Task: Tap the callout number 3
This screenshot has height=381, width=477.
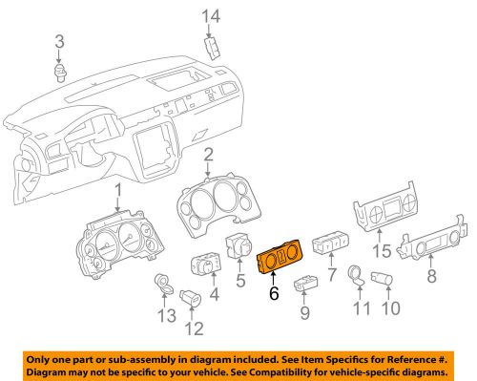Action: point(59,41)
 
